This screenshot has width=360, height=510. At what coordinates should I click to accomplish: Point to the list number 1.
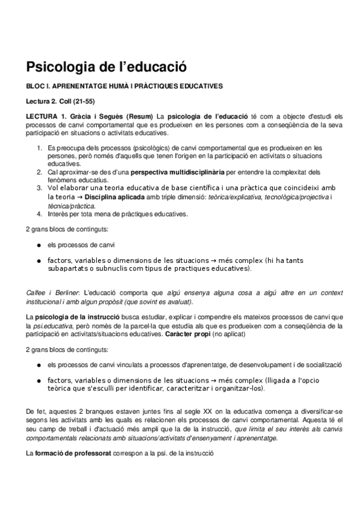point(40,147)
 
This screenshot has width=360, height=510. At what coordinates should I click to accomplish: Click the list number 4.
point(40,214)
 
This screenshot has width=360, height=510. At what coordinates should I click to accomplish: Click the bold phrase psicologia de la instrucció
point(77,317)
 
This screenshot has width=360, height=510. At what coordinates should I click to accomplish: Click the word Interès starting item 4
point(59,214)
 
